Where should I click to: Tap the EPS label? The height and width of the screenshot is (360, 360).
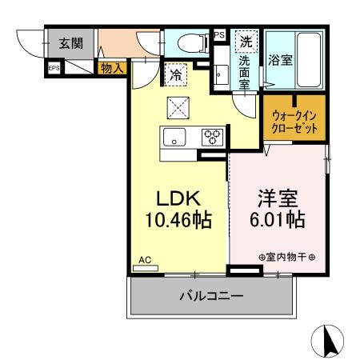click(54, 69)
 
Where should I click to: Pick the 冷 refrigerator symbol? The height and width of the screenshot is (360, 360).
click(175, 76)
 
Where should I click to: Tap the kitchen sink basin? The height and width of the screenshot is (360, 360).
click(175, 137)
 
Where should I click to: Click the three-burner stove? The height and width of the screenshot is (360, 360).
click(212, 136)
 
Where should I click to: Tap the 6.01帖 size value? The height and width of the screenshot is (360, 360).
click(278, 219)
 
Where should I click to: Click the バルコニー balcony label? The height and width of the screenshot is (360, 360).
click(210, 297)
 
